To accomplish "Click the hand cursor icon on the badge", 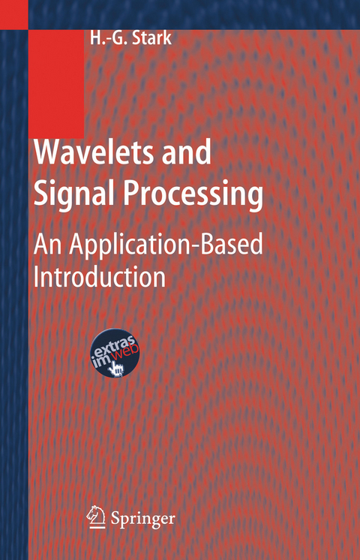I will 116,368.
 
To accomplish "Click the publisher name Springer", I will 144,518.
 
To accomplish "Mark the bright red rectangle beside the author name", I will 56,83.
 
